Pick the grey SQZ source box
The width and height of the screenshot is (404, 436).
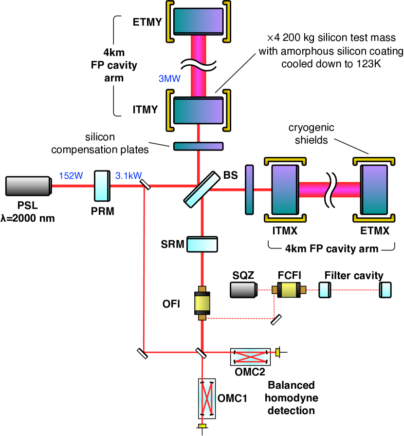[x=244, y=290]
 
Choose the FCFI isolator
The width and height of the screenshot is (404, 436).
[x=290, y=290]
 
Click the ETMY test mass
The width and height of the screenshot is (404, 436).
[x=198, y=24]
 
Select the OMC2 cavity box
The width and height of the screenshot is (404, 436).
[x=250, y=357]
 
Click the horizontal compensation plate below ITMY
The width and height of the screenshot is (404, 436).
[x=198, y=146]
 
